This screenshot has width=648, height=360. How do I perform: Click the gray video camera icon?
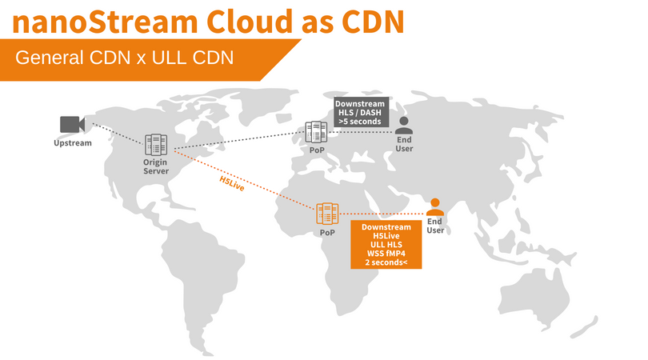coord(72,124)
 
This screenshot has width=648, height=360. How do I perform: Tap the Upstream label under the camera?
coord(73,143)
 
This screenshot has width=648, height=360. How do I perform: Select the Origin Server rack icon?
coord(155,145)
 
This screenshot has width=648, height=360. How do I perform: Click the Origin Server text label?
coord(155,166)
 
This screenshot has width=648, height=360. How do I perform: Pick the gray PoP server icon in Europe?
coord(316,132)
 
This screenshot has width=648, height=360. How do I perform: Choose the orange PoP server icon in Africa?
coord(327,214)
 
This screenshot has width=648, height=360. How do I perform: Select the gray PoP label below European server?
coord(316,150)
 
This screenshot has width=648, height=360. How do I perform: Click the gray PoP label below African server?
coord(327,233)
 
